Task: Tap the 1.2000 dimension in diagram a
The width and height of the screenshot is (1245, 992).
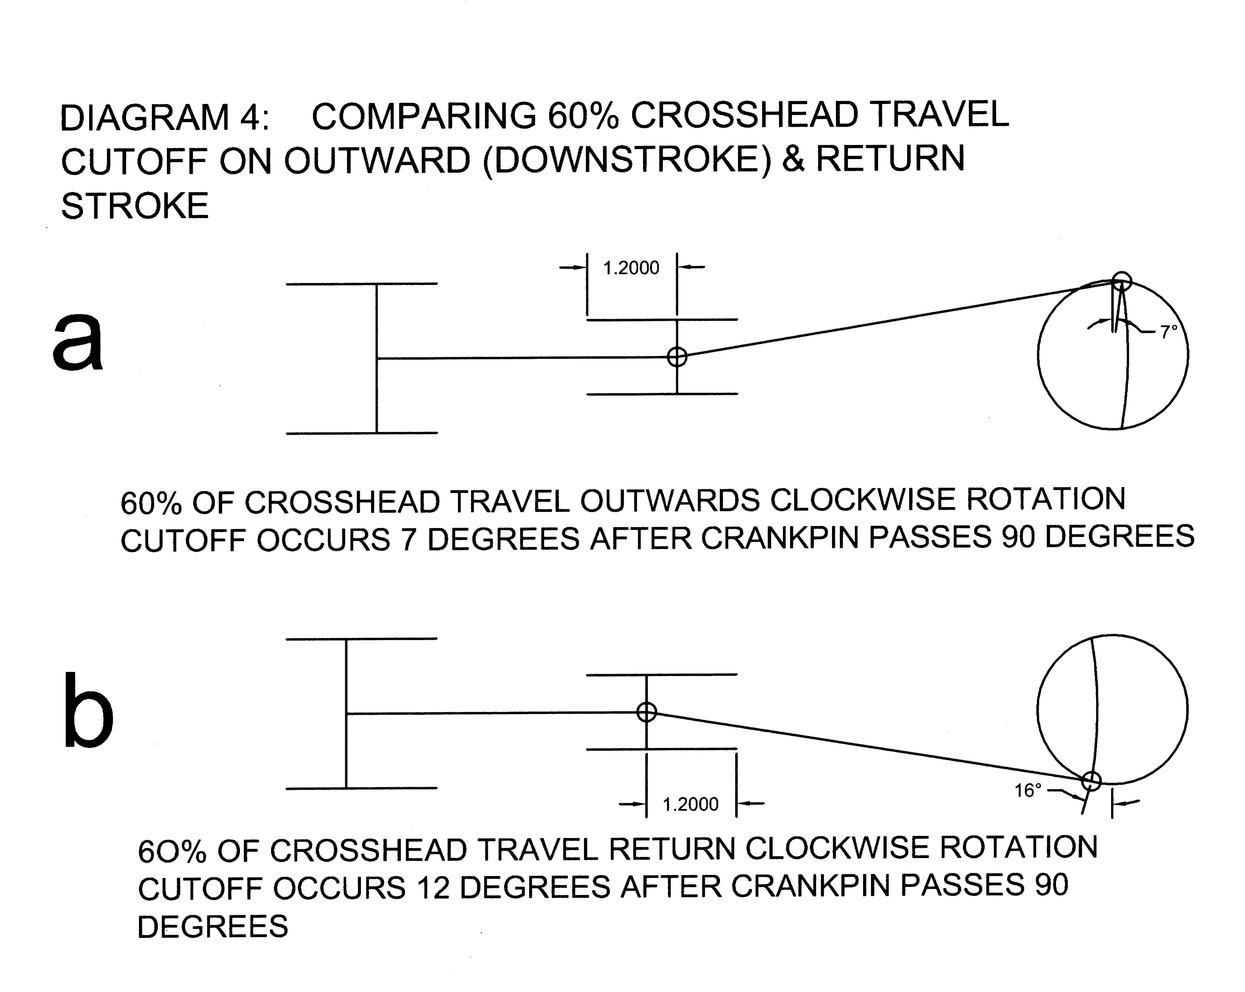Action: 631,268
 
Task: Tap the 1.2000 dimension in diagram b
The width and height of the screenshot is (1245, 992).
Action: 691,804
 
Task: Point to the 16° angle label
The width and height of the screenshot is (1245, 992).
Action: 1028,790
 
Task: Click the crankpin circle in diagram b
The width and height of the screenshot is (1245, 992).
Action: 1091,781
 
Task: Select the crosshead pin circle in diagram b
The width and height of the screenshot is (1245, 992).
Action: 647,712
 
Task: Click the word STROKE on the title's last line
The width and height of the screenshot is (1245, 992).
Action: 134,206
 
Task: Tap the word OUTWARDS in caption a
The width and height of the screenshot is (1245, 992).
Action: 670,501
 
